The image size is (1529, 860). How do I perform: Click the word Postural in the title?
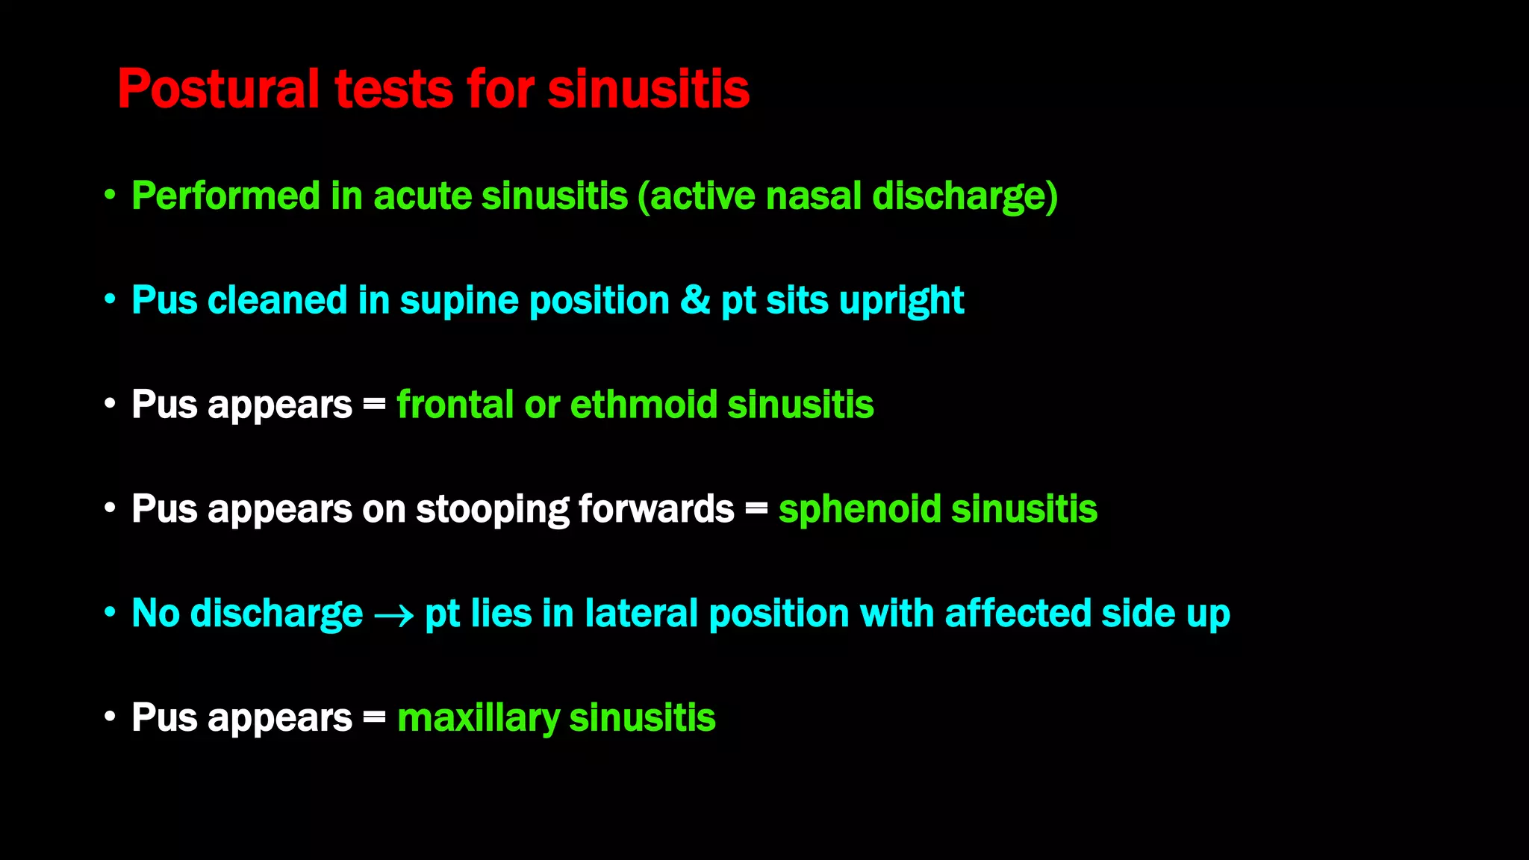(x=218, y=90)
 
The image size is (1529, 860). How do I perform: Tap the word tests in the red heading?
(x=393, y=90)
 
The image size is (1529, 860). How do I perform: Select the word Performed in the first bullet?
(x=225, y=196)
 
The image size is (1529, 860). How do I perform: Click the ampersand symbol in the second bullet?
(x=695, y=300)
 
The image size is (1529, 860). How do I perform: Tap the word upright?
(x=901, y=302)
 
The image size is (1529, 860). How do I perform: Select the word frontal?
(x=455, y=405)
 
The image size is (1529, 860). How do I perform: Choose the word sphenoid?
(x=859, y=509)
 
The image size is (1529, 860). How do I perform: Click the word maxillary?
(x=478, y=719)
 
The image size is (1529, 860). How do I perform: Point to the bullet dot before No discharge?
(x=110, y=613)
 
